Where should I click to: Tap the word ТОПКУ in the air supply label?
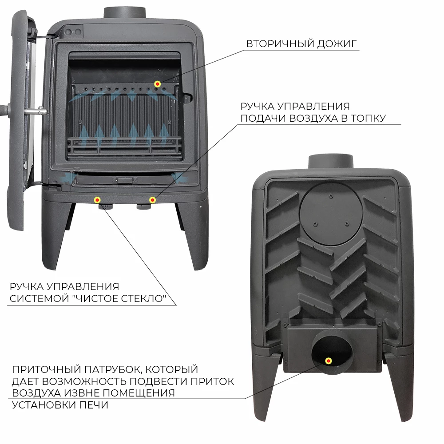coord(368,118)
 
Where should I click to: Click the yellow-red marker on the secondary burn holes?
coord(158,84)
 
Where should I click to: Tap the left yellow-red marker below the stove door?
coord(97,200)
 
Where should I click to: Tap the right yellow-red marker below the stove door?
coord(152,200)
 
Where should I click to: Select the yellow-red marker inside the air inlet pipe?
coord(329,361)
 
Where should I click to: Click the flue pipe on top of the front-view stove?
coord(125,13)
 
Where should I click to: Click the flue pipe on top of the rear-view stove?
coord(331,162)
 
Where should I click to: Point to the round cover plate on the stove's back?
coord(331,214)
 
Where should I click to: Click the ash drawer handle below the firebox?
coord(125,180)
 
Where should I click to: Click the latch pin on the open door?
coord(36,111)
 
